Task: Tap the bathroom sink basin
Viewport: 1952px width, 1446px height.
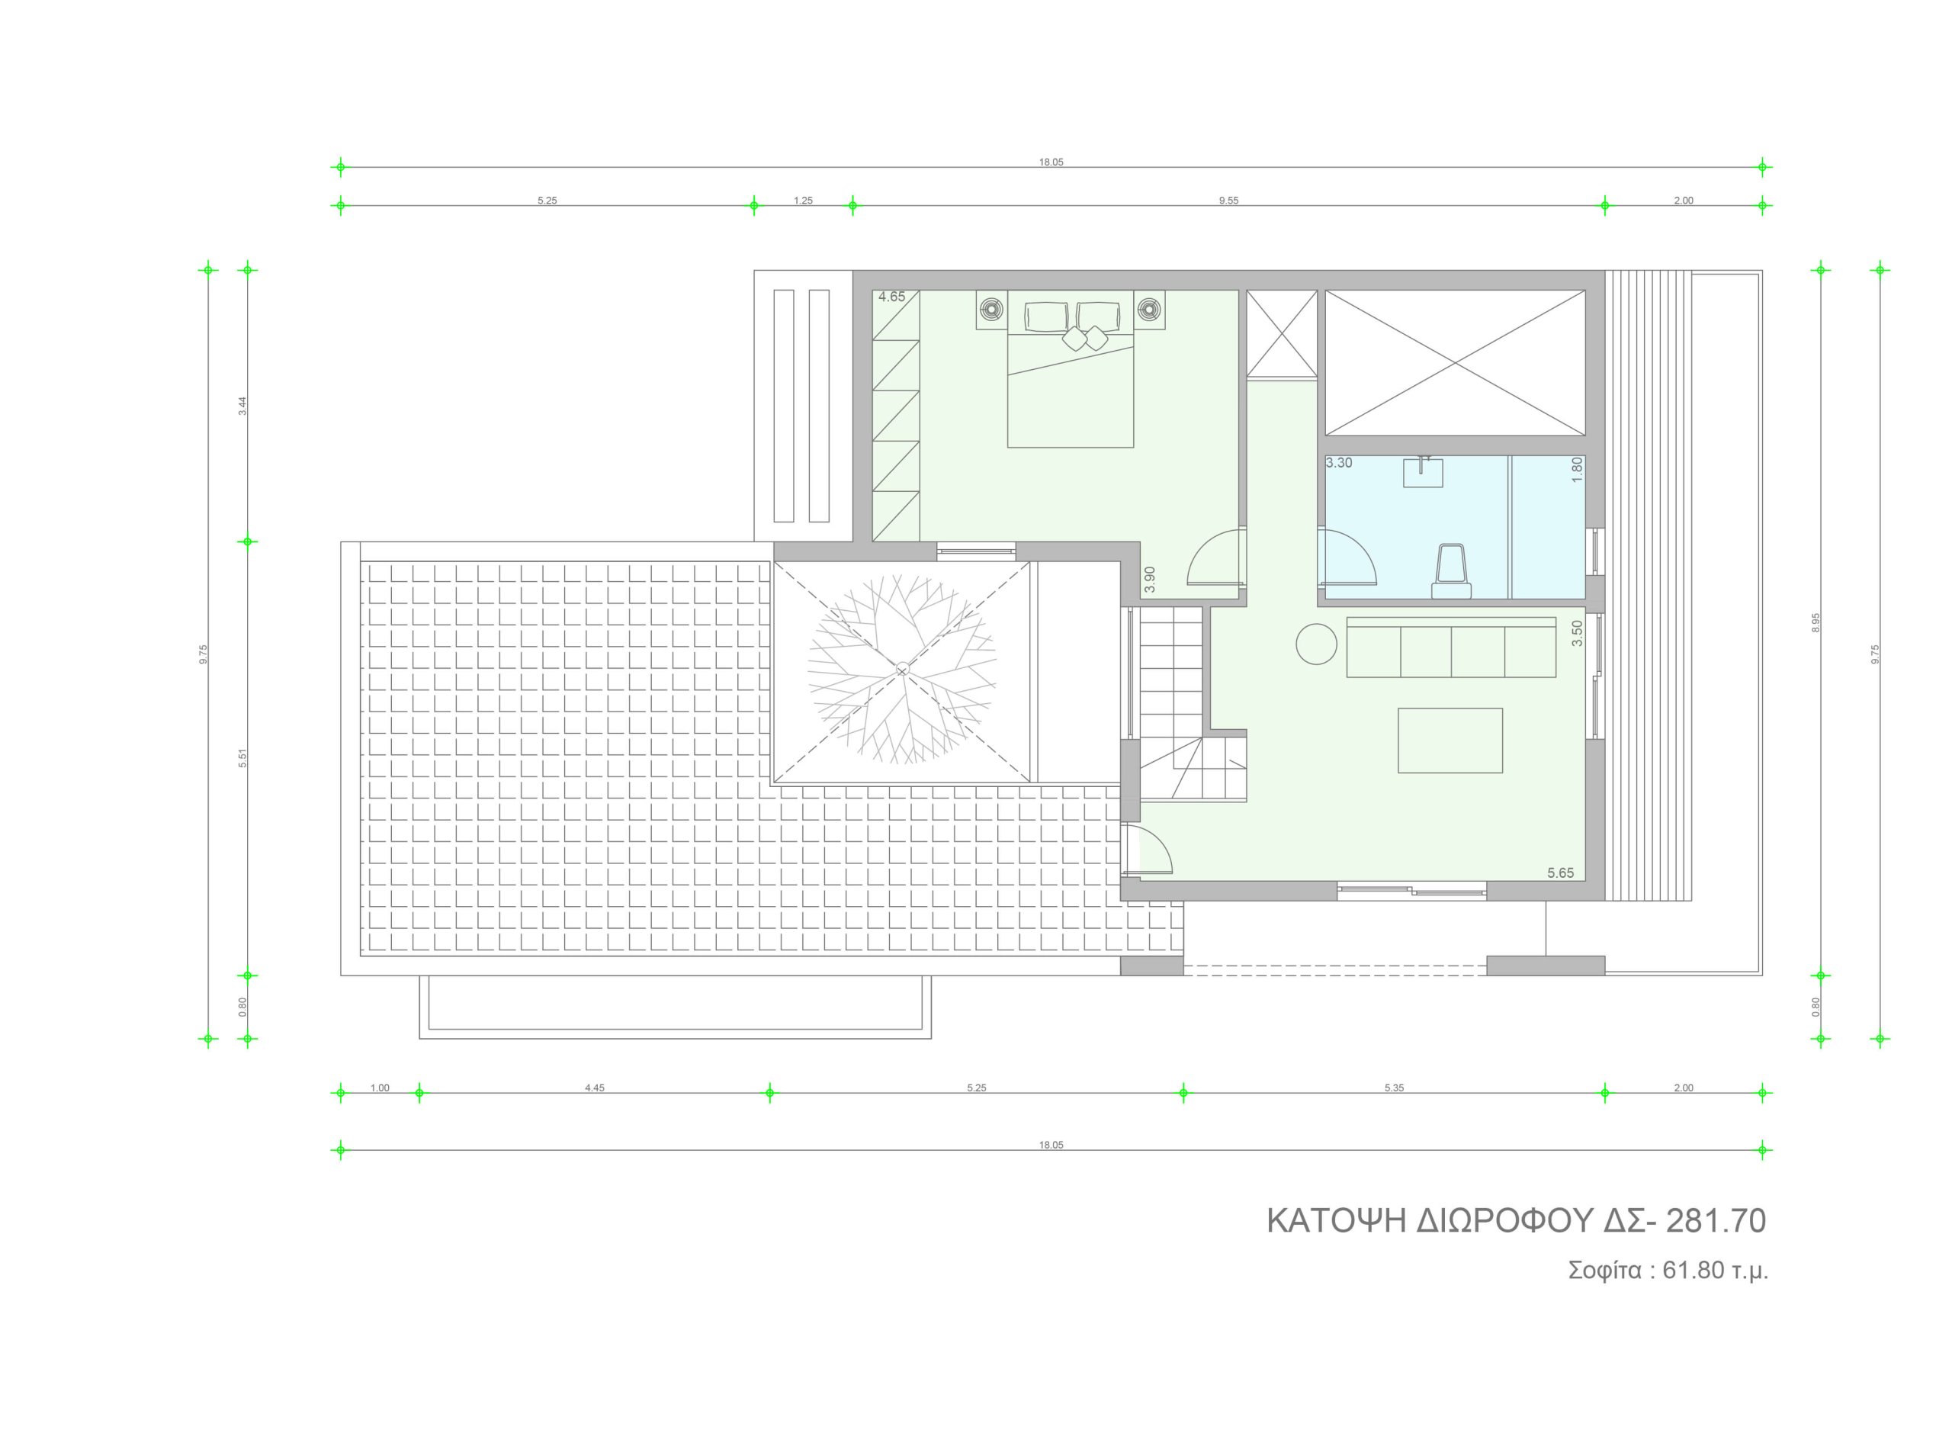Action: [1423, 473]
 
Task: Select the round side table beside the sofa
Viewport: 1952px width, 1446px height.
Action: [1316, 644]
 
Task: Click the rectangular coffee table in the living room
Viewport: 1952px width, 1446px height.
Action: [1450, 741]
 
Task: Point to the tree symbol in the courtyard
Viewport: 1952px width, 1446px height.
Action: [902, 670]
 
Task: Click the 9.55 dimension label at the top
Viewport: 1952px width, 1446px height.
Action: [1228, 201]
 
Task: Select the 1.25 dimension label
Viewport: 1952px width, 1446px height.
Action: [803, 201]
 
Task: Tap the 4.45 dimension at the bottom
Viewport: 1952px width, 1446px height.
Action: [595, 1088]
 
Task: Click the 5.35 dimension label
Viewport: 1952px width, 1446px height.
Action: [1394, 1088]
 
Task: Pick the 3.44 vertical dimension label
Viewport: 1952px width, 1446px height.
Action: [243, 406]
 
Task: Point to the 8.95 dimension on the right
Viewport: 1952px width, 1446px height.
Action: [1816, 623]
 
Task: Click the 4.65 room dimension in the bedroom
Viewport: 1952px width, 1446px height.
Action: [891, 297]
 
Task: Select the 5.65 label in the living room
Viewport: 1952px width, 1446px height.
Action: [1560, 872]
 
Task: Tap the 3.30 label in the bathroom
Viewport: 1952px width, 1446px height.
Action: [1339, 463]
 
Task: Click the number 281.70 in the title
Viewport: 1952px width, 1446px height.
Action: [1716, 1221]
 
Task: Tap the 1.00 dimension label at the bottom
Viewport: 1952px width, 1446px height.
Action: [380, 1088]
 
